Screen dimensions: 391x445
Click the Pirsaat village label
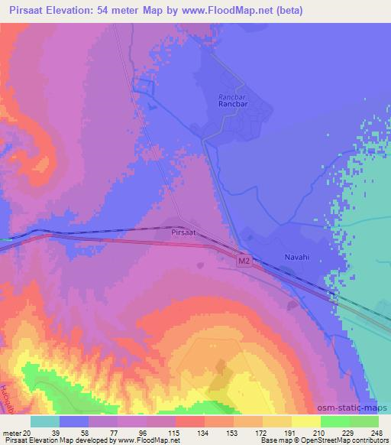(x=185, y=229)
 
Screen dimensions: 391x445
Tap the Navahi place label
(x=298, y=258)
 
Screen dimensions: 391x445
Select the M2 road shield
(x=244, y=261)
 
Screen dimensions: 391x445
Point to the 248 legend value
(x=378, y=432)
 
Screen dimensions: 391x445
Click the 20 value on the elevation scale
(x=28, y=432)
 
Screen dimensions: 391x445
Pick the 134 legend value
(x=189, y=432)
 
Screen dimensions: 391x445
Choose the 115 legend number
(x=160, y=432)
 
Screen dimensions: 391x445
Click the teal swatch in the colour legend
(x=45, y=421)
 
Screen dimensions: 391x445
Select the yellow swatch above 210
(x=306, y=421)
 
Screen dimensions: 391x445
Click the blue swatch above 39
(x=74, y=421)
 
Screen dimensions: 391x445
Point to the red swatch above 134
(x=190, y=421)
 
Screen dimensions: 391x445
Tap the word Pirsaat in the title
(x=25, y=10)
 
